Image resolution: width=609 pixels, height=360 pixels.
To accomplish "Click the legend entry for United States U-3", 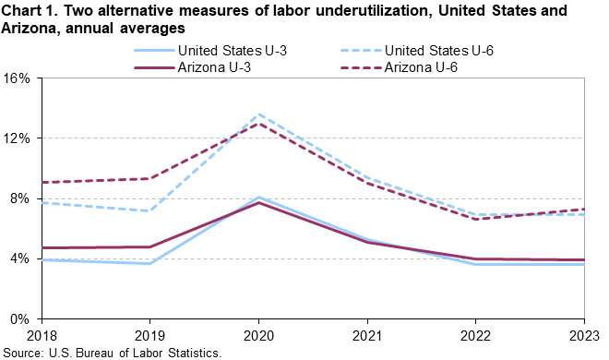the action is [x=233, y=51].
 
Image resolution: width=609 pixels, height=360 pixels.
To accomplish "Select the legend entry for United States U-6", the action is [x=439, y=51].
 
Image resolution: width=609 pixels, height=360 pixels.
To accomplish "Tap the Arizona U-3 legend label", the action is [x=214, y=67].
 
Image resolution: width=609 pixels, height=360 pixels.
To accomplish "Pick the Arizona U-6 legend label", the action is [x=421, y=67].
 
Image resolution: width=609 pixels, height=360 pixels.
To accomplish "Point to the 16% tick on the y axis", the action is [x=17, y=78].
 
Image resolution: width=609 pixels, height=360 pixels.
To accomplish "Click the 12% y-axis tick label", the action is [x=17, y=138].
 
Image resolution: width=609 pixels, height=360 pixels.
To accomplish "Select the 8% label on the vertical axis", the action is [x=20, y=198].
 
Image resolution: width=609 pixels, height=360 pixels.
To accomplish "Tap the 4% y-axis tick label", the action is [x=20, y=258].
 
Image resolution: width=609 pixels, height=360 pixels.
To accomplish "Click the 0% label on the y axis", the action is [x=20, y=319].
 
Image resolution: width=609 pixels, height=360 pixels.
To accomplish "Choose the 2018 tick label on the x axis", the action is [x=42, y=335].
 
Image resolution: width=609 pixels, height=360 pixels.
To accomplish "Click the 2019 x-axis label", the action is [x=149, y=335].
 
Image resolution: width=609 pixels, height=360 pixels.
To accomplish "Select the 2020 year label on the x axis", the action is [x=258, y=335].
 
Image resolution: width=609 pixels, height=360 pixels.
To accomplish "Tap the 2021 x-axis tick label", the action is [x=367, y=335].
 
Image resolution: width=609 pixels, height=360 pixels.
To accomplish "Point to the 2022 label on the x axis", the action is [x=476, y=335].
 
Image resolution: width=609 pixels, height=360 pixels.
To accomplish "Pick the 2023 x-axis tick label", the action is [x=584, y=335].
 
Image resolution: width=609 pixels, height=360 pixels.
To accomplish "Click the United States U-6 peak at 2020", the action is [x=258, y=114].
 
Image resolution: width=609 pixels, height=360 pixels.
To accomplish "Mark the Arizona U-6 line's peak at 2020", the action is [x=258, y=124].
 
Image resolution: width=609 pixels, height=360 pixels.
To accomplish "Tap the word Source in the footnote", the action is [x=22, y=353].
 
